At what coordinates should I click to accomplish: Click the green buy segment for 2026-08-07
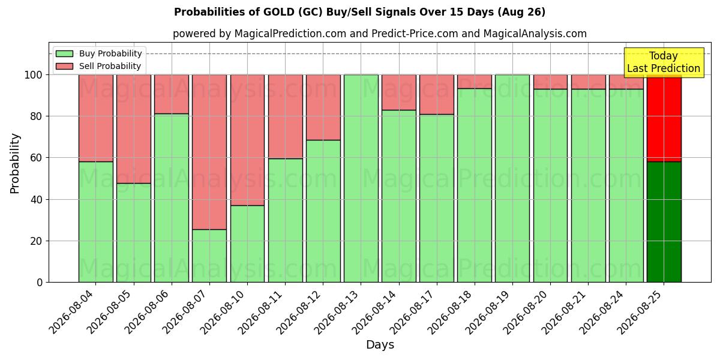coord(209,256)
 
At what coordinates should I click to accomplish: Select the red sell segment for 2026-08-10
coord(247,140)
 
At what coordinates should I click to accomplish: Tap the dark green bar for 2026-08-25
coord(664,222)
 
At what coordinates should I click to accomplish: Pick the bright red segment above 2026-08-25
coord(664,118)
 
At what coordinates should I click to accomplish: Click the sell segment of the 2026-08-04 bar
coord(96,118)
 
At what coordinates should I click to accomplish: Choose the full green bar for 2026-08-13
coord(361,178)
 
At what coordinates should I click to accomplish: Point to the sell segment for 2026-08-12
coord(323,107)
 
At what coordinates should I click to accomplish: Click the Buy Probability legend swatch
coord(64,53)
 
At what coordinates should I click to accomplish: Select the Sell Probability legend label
coord(110,66)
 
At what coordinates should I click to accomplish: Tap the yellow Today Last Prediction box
coord(664,62)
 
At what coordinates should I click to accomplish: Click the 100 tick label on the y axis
coord(34,75)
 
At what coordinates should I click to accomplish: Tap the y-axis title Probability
coord(15,163)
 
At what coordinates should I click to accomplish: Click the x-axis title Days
coord(380,344)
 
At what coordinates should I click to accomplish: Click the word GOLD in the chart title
coord(278,12)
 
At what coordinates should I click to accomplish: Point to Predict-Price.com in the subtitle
coord(415,34)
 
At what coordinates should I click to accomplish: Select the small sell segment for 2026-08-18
coord(475,82)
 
